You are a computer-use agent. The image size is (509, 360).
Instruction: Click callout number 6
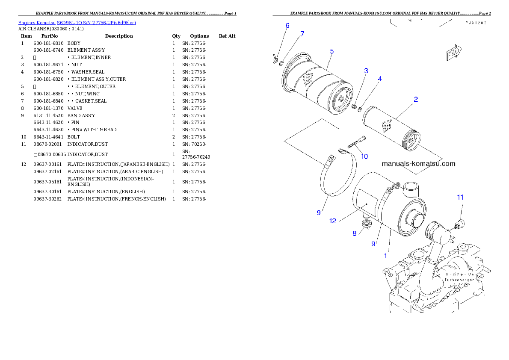(x=287, y=26)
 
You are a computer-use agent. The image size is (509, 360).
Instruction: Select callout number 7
(x=302, y=34)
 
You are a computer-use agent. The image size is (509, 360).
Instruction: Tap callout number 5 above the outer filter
(x=331, y=51)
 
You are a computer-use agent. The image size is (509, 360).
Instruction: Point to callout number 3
(x=366, y=70)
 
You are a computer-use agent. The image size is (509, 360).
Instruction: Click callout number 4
(x=380, y=79)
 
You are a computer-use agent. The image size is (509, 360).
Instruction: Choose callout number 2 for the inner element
(x=415, y=100)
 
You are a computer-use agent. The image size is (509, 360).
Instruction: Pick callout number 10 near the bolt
(x=364, y=156)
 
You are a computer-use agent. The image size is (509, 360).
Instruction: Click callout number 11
(x=460, y=197)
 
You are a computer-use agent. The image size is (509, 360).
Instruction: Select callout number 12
(x=333, y=221)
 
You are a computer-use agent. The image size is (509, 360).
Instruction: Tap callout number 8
(x=355, y=233)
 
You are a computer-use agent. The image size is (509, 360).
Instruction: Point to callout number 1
(x=385, y=256)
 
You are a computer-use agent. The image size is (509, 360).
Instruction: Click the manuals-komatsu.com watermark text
(x=418, y=164)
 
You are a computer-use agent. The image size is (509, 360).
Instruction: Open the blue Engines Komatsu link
(x=77, y=23)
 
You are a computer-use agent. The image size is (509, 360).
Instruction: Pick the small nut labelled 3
(x=355, y=106)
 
